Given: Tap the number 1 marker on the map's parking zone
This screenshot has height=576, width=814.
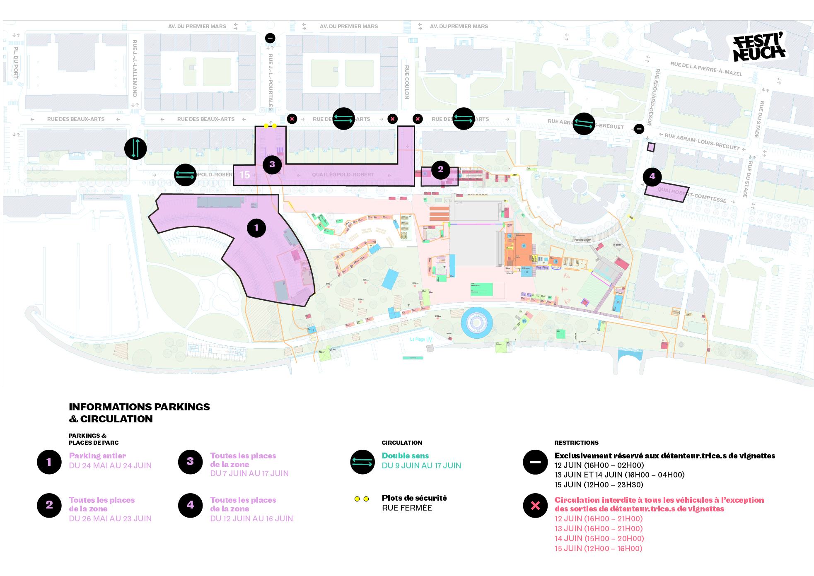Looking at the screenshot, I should (x=256, y=228).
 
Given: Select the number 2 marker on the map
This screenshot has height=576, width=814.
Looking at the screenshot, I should (x=441, y=169).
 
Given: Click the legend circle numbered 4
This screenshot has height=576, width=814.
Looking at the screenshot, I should (x=190, y=505).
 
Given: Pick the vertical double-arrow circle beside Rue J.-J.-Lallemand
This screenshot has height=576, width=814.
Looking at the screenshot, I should (x=135, y=148).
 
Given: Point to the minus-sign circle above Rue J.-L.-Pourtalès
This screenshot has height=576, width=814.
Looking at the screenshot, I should (x=270, y=38).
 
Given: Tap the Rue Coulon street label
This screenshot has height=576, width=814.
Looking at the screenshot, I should (x=407, y=82).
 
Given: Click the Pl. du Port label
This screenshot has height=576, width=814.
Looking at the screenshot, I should (x=16, y=63).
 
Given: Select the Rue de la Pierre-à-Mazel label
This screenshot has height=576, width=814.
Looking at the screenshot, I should (x=706, y=69).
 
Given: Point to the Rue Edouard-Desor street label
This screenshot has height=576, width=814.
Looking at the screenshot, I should (x=653, y=97).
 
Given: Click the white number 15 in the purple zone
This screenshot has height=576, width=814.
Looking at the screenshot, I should (x=245, y=175).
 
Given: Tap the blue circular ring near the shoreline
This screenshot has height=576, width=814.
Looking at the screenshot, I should (x=477, y=323).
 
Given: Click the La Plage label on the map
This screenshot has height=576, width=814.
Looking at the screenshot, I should (x=418, y=339).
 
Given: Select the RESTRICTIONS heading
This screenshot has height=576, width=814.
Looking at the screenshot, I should (x=576, y=443).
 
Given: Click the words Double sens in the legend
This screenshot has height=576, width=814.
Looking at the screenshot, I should (x=405, y=455).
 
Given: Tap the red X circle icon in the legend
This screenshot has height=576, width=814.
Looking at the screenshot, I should (x=535, y=505).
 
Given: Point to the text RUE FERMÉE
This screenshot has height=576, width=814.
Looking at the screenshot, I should (x=407, y=508).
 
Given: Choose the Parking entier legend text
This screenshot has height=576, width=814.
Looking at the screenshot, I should (x=97, y=455).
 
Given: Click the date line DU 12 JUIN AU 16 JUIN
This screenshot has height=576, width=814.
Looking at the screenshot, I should (x=251, y=518).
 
